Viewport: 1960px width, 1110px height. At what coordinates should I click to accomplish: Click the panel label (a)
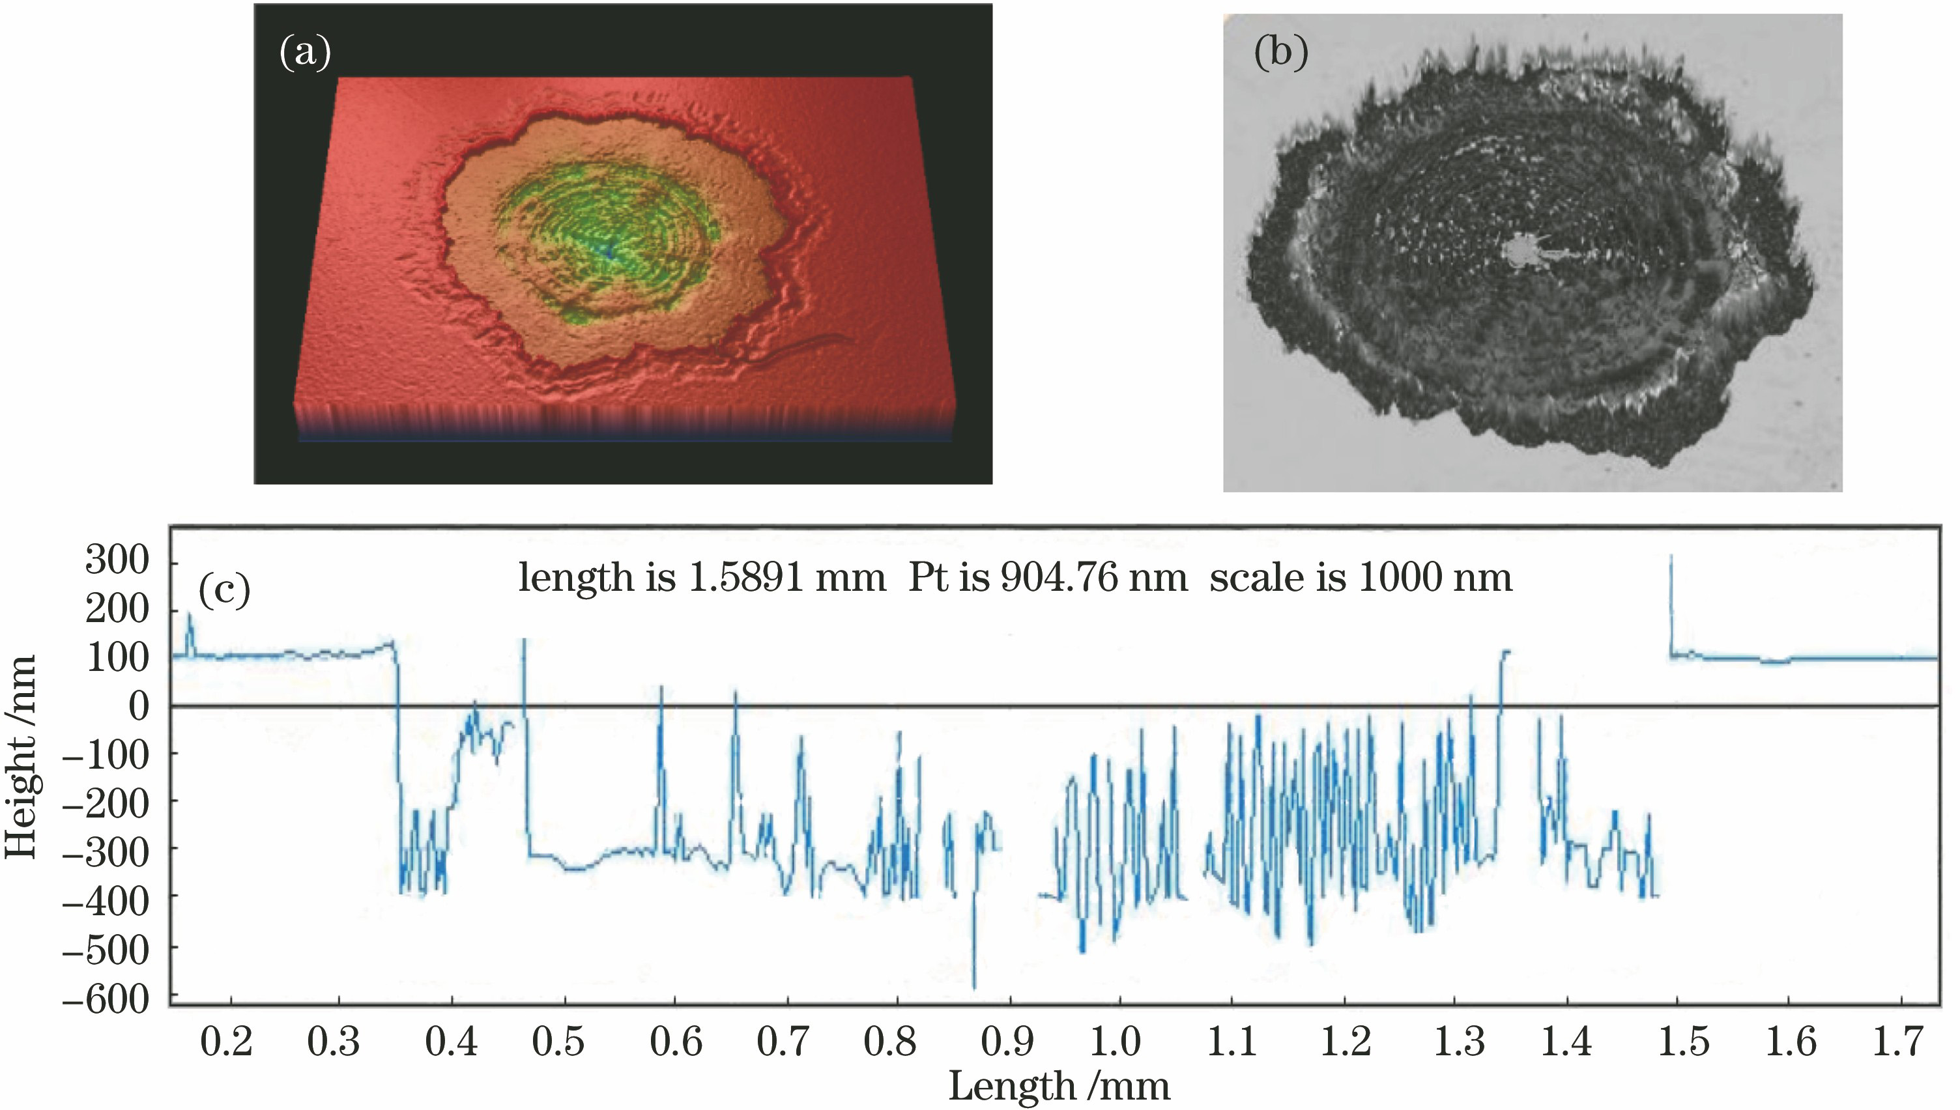305,53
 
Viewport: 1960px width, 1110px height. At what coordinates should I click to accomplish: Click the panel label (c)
224,590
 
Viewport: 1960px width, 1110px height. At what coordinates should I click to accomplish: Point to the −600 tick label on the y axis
106,999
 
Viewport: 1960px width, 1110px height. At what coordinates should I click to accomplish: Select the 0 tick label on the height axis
139,707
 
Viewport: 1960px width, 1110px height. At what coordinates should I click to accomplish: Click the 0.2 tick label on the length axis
225,1042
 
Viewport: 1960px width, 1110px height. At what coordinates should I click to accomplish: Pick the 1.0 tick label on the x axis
1116,1042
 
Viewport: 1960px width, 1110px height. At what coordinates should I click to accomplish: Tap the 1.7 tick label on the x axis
1899,1042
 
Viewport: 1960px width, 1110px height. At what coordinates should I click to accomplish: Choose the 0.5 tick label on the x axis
558,1042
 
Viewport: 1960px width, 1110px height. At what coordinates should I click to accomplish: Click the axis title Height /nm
22,756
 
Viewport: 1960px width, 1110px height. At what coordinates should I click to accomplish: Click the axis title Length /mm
1059,1087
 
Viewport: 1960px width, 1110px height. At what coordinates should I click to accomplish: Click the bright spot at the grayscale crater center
1521,250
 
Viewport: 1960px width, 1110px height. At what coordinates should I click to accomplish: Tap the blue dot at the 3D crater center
609,250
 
